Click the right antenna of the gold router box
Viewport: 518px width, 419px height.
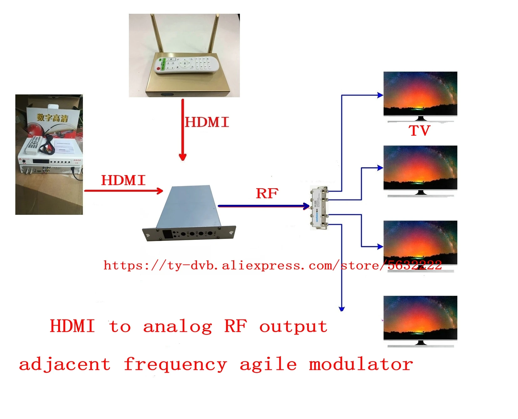[x=213, y=34]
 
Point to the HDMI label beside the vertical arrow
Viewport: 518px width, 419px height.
[x=207, y=122]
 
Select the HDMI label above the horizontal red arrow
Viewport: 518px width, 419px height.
[x=123, y=180]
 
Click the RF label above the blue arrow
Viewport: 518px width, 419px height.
[x=267, y=194]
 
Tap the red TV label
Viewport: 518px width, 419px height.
[x=419, y=131]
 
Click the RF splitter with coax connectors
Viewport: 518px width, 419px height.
[x=319, y=208]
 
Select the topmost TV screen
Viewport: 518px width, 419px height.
[x=420, y=93]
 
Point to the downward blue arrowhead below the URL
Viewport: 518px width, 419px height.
[x=342, y=309]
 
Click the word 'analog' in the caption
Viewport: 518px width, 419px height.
[x=177, y=327]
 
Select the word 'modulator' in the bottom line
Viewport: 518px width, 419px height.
[x=361, y=365]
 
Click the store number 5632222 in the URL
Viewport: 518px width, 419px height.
[x=414, y=265]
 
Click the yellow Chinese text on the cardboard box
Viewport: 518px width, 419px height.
[x=52, y=118]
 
